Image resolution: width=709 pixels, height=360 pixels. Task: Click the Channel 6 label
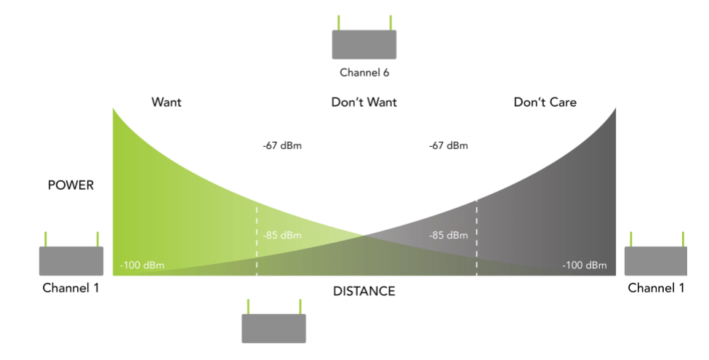[x=364, y=73]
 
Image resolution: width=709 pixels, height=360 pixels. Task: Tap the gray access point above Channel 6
[x=364, y=44]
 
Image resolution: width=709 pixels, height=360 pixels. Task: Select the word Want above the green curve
[x=166, y=103]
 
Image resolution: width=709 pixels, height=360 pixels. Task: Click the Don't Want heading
[x=364, y=103]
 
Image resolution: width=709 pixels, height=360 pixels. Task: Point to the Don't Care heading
[x=545, y=103]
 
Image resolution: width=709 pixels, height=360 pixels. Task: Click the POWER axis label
[x=71, y=185]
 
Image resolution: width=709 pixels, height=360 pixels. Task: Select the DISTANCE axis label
[x=364, y=292]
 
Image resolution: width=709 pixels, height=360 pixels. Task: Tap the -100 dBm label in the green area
[x=143, y=265]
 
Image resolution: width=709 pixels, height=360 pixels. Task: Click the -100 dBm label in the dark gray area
[x=584, y=265]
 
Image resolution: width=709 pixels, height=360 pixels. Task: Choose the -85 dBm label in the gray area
[x=448, y=235]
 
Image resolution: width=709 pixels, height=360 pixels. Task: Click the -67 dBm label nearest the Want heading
[x=282, y=145]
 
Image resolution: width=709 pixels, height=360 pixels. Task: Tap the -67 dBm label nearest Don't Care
[x=448, y=145]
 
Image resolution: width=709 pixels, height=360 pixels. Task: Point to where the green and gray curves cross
[x=364, y=236]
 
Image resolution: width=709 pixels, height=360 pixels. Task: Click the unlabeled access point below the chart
[x=273, y=328]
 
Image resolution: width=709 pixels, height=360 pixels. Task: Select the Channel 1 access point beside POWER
[x=71, y=260]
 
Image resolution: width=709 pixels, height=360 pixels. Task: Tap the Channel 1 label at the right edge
[x=656, y=288]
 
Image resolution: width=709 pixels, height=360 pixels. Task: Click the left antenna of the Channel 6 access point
[x=338, y=23]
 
